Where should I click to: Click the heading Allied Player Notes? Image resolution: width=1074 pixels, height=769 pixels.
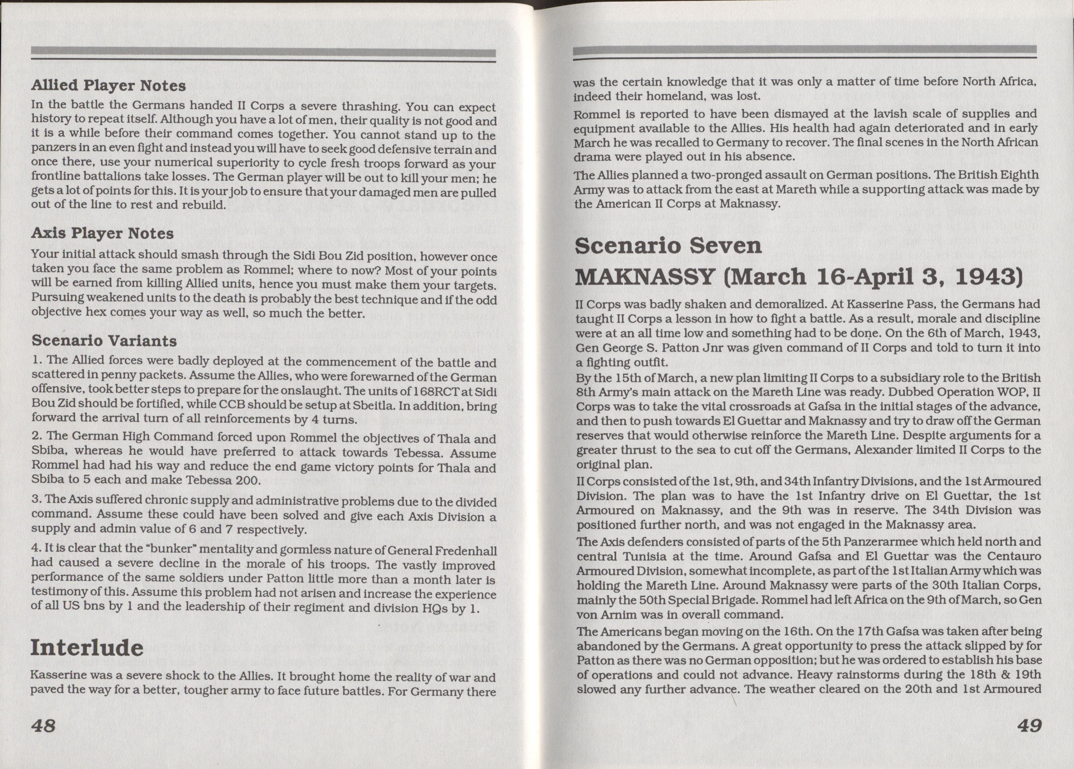(x=108, y=86)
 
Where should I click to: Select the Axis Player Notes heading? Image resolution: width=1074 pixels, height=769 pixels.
(x=102, y=234)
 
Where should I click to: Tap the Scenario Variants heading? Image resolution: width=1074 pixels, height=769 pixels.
(x=104, y=341)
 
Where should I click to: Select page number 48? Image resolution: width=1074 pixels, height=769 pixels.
(x=44, y=725)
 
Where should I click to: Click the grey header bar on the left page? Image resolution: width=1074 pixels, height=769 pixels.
(x=263, y=52)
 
